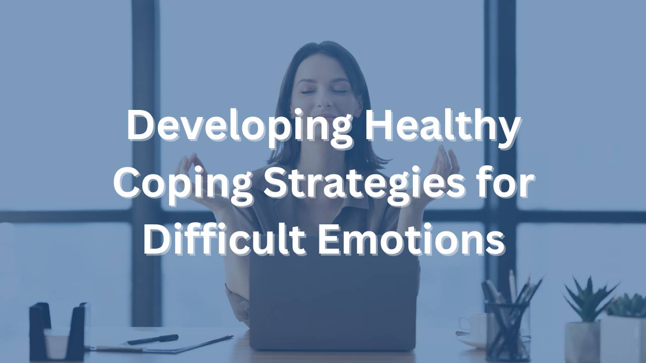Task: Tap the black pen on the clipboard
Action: [152, 339]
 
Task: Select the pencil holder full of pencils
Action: [507, 323]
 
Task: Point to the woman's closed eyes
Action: [323, 91]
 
